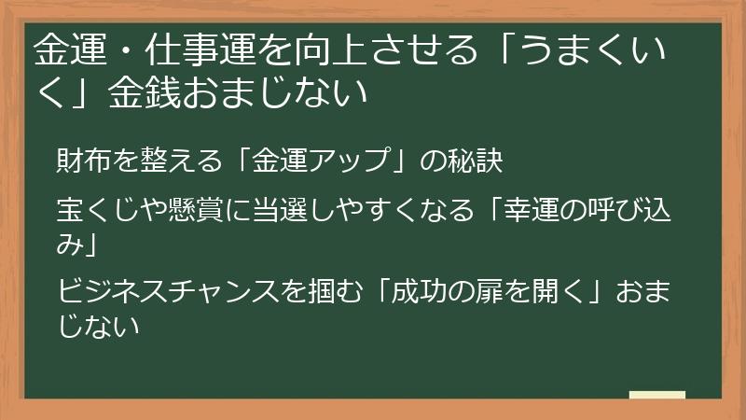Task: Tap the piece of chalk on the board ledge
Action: (x=657, y=394)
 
